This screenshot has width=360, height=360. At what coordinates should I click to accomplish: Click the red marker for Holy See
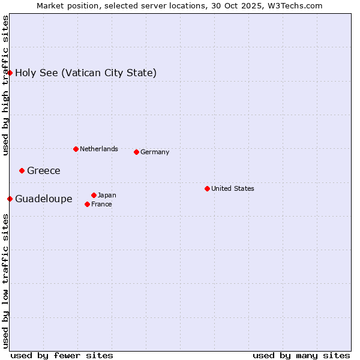tap(10, 73)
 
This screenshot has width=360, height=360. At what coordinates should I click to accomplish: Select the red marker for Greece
tap(22, 170)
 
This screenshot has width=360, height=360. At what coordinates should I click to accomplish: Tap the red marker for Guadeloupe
tap(10, 199)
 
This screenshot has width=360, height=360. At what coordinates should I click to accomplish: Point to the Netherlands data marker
tap(76, 149)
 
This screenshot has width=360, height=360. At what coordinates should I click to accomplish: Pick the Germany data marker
tap(136, 152)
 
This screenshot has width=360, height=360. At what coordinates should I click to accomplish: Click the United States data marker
tap(207, 188)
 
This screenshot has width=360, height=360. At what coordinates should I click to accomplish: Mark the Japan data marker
tap(94, 195)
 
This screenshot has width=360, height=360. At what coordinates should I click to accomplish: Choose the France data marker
tap(88, 204)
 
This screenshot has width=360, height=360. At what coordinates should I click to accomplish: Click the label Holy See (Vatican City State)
tap(86, 73)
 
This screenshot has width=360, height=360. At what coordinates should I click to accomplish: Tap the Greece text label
tap(44, 171)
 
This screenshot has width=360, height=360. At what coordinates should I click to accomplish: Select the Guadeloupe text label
tap(44, 199)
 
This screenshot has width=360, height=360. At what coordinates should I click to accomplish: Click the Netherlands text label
tap(99, 149)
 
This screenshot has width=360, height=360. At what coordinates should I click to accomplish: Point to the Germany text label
tap(155, 152)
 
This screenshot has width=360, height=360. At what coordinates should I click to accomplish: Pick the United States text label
tap(233, 188)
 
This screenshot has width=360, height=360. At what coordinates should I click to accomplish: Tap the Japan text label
tap(107, 195)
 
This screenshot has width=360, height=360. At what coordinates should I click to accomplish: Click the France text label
tap(101, 204)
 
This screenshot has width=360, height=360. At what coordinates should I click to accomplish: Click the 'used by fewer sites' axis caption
tap(62, 355)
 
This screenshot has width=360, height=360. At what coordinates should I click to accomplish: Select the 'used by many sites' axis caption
tap(301, 355)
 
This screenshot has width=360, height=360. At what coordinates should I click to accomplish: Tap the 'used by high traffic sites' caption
tap(6, 85)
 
